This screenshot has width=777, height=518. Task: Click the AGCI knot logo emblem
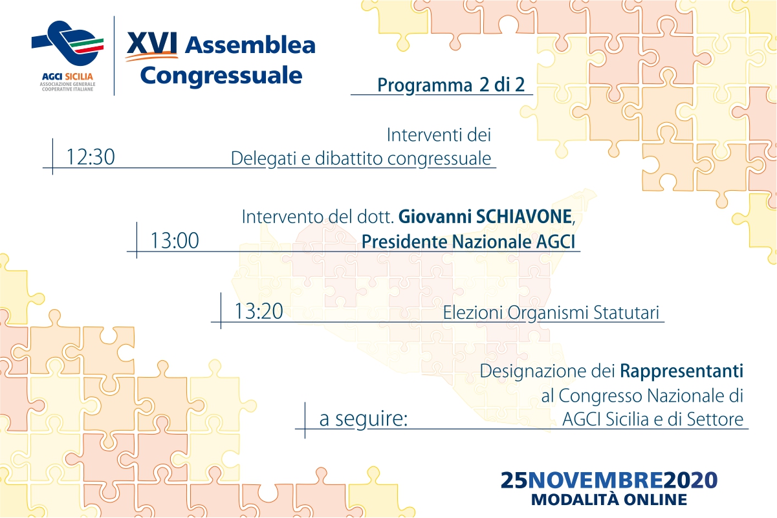68,43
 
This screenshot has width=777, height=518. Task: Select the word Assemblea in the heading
250,45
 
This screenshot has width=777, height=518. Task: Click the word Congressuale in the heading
221,76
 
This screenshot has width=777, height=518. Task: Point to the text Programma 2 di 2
451,85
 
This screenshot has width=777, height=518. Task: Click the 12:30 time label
90,157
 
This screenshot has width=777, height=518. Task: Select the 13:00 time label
175,241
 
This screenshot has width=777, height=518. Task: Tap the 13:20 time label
259,311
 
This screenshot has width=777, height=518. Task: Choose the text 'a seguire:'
363,419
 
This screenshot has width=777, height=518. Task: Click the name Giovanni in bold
435,217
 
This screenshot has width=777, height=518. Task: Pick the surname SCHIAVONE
524,217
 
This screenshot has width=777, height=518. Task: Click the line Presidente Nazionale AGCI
468,242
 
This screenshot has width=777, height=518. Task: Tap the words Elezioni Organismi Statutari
551,313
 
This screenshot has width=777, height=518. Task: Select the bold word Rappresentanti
681,371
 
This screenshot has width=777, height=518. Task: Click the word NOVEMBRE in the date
596,480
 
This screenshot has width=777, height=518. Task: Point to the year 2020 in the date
690,480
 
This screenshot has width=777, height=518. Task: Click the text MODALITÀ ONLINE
609,500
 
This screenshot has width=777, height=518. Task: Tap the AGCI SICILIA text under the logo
67,76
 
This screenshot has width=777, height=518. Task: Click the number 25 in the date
514,480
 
